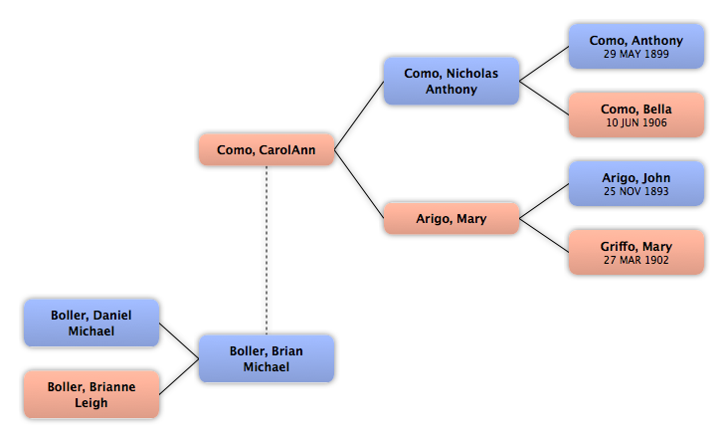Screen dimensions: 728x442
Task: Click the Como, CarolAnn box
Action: (267, 149)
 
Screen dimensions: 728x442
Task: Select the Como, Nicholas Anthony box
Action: (452, 81)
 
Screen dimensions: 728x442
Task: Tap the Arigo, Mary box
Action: (452, 218)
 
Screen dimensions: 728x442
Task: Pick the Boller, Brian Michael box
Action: (267, 358)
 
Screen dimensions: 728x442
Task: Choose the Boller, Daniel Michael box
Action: (91, 323)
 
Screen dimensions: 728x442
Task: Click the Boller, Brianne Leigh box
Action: (91, 394)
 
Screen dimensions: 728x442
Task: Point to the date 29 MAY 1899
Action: (637, 54)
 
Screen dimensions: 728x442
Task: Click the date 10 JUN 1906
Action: (637, 122)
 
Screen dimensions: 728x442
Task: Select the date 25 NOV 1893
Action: (637, 191)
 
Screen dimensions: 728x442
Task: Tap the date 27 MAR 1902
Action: (637, 260)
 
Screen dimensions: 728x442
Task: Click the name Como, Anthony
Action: (637, 41)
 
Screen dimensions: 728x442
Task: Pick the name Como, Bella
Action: (637, 110)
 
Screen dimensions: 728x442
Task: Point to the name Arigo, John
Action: (637, 178)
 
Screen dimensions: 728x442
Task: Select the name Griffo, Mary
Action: (637, 247)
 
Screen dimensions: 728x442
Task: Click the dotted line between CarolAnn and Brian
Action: (267, 250)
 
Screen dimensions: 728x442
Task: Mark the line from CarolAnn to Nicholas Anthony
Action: (359, 115)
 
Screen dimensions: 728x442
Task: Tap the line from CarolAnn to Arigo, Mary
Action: (359, 184)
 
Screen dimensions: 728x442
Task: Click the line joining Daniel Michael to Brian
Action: (179, 340)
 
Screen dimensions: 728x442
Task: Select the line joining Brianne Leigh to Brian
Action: (179, 377)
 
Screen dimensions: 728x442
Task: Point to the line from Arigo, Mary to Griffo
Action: (544, 236)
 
